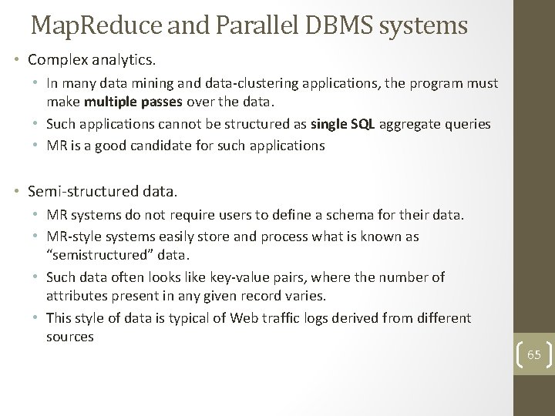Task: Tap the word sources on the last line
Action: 69,337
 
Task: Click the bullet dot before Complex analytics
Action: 16,59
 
